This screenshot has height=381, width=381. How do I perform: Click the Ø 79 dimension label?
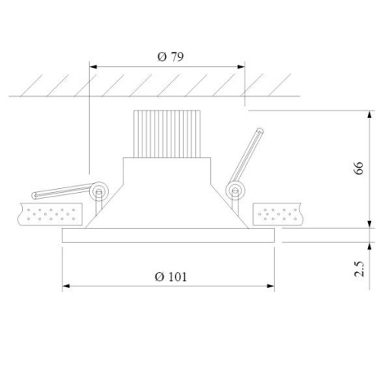[x=171, y=56]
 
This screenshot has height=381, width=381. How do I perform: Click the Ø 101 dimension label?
[x=171, y=277]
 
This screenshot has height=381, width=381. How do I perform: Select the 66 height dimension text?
[x=359, y=168]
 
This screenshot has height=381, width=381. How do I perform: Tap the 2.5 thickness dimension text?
[x=360, y=269]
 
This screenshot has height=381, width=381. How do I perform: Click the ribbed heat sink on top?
[x=167, y=134]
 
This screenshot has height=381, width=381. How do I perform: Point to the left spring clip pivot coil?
[x=99, y=191]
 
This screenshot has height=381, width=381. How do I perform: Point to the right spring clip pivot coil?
[x=235, y=190]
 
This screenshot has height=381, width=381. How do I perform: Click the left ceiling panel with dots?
[x=50, y=214]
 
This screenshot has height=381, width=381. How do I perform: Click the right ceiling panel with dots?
[x=278, y=214]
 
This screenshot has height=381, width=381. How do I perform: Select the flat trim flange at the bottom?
[x=168, y=235]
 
